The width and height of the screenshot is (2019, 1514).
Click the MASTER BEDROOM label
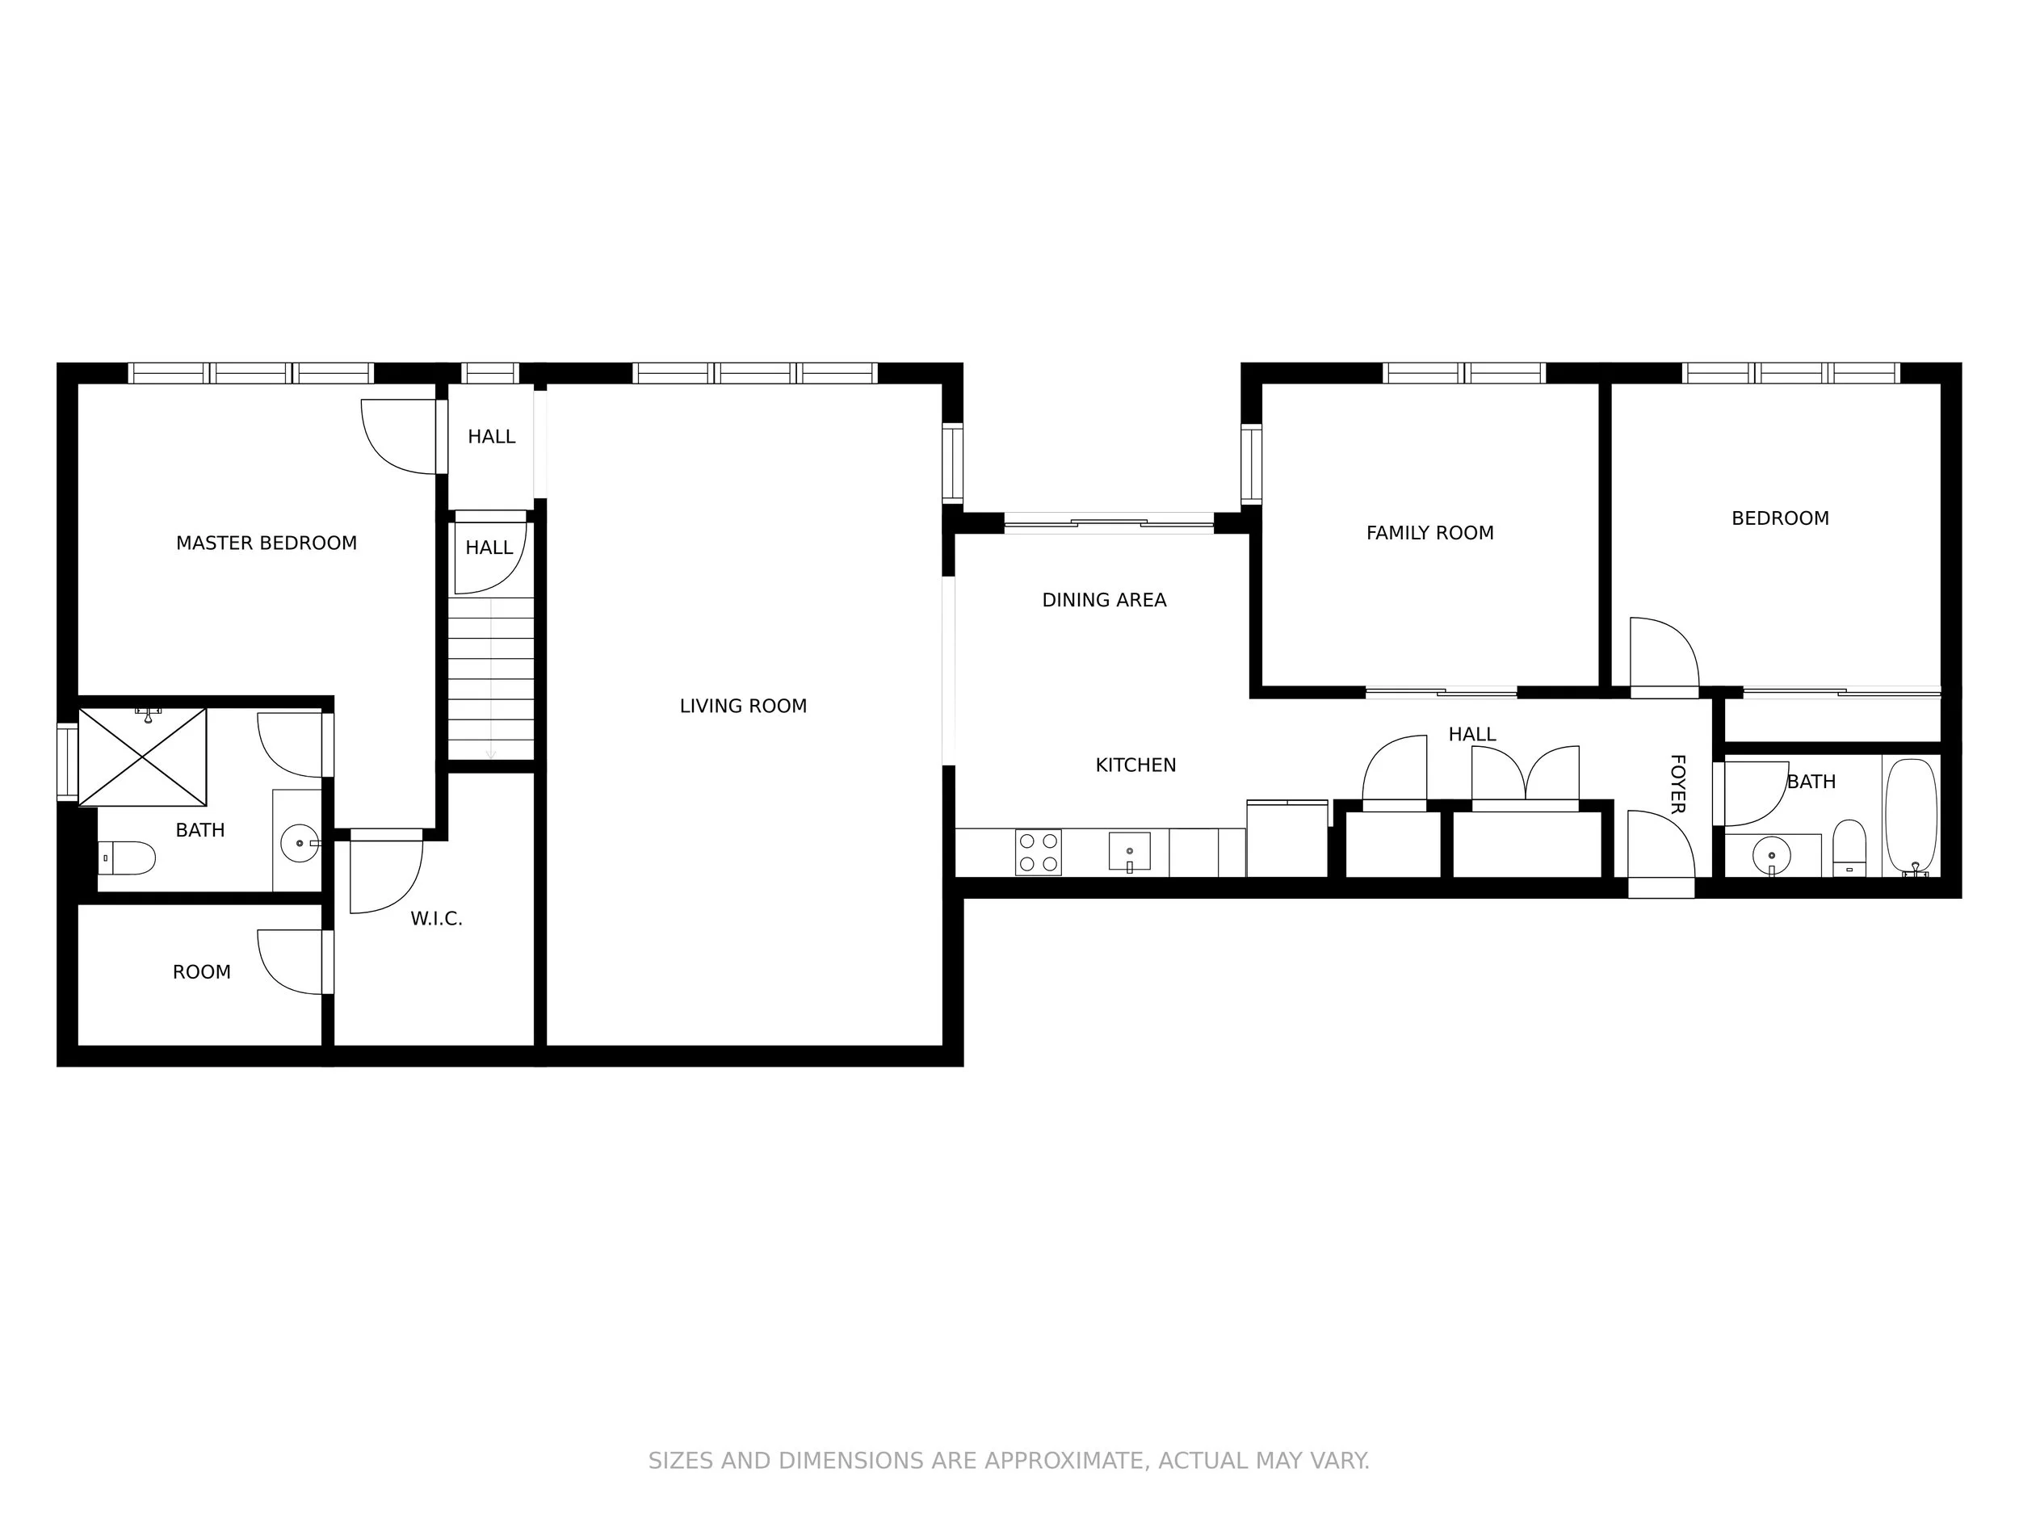point(267,543)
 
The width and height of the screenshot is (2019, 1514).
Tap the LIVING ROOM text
point(743,706)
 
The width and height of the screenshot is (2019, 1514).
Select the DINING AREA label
point(1105,600)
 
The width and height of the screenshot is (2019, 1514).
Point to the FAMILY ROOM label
point(1429,533)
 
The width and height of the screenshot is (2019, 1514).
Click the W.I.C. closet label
point(436,919)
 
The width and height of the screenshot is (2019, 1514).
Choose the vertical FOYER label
point(1677,783)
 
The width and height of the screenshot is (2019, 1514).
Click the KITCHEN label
point(1135,765)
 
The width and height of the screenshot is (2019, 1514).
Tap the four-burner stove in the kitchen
point(1039,853)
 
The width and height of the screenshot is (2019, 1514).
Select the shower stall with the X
point(142,757)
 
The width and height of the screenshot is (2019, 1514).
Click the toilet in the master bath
point(127,858)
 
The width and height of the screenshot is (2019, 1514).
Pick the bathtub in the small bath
point(1911,818)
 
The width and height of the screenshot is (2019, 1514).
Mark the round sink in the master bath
point(300,843)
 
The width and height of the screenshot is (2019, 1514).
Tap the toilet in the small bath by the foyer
point(1849,848)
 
